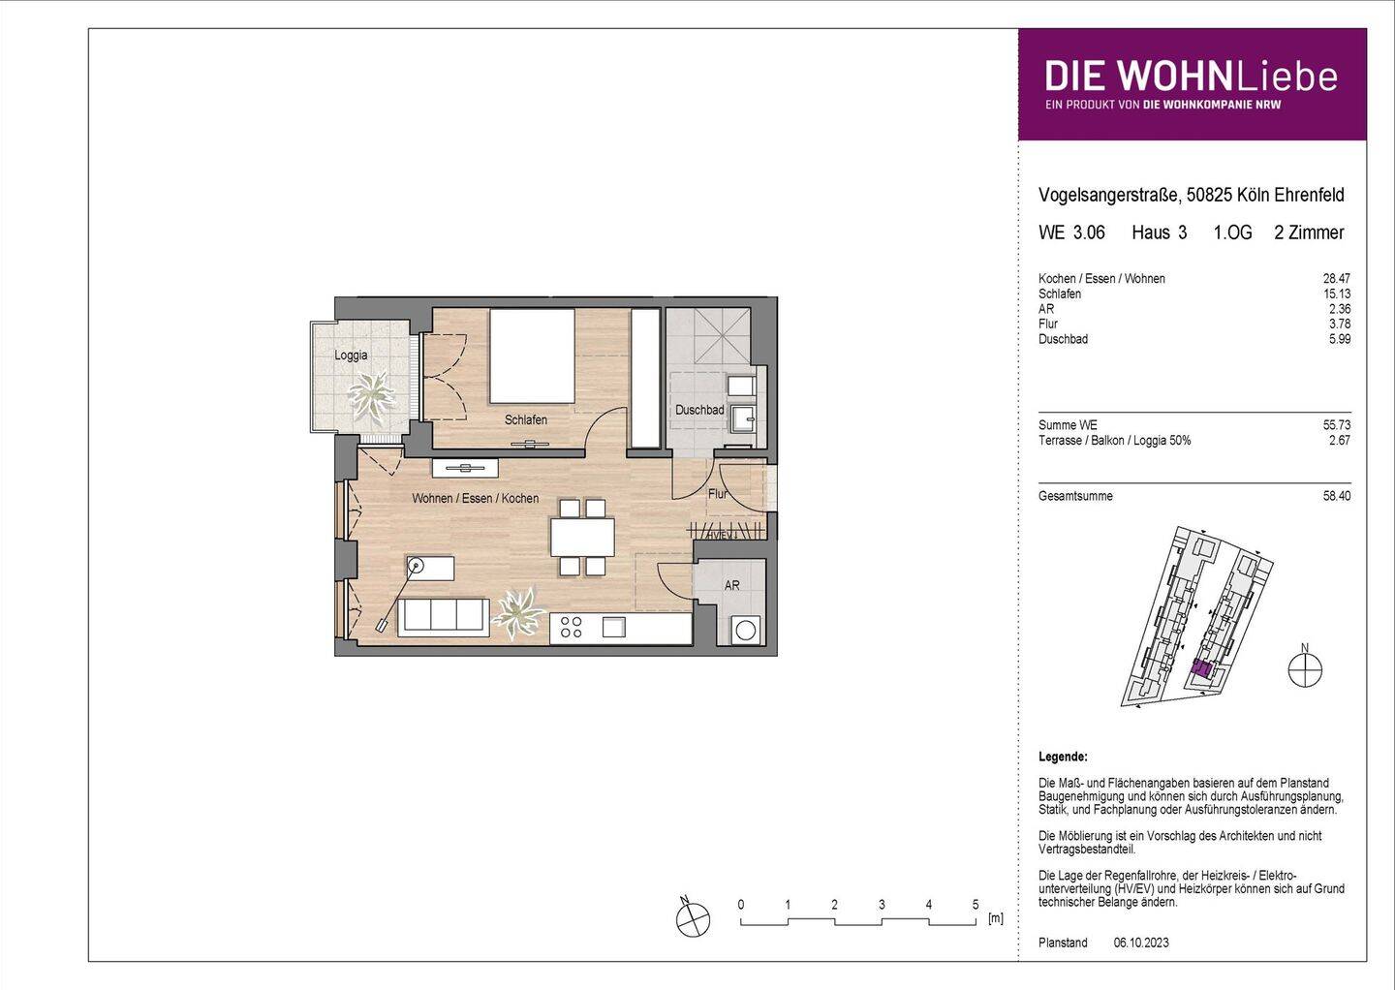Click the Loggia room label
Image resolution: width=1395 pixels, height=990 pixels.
point(351,355)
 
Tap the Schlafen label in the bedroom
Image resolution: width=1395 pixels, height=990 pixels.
point(526,419)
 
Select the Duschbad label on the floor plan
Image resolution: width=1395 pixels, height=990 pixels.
point(699,410)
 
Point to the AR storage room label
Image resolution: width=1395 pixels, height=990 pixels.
point(731,585)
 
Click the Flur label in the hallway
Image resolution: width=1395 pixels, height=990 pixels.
point(718,494)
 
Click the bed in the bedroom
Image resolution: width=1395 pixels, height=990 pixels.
point(532,356)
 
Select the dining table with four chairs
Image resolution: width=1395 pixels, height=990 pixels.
point(582,538)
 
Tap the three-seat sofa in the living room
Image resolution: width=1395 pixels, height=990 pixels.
point(443,618)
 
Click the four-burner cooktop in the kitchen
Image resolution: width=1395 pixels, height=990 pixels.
point(572,627)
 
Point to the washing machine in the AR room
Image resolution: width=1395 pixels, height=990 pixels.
point(746,630)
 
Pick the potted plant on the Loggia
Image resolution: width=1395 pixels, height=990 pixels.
point(371,397)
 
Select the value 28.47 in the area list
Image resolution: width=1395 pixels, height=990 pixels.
point(1337,278)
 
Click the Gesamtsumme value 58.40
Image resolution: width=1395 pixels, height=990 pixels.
point(1337,496)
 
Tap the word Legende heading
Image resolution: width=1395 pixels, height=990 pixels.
point(1063,758)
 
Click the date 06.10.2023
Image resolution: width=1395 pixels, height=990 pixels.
point(1141,943)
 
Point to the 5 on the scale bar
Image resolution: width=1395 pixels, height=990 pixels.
point(976,904)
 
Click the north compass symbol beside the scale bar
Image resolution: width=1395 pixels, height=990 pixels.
point(692,917)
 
